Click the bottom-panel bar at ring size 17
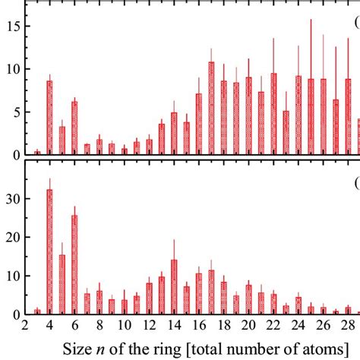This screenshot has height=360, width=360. (x=211, y=292)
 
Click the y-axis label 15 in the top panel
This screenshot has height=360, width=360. (x=11, y=26)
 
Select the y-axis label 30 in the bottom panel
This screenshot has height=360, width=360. (x=11, y=198)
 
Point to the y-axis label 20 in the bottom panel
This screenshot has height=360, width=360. (x=11, y=237)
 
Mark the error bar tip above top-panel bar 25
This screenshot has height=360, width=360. (x=311, y=20)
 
